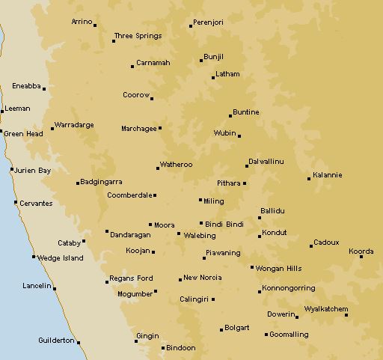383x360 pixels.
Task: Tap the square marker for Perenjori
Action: (191, 25)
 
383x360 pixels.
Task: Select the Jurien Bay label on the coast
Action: (34, 171)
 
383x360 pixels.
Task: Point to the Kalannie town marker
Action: (309, 178)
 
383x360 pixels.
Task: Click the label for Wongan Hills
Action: (278, 268)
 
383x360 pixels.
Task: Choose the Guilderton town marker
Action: (79, 343)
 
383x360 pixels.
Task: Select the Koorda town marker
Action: (361, 256)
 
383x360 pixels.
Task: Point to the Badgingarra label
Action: (102, 181)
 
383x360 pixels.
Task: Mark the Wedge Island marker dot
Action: (34, 257)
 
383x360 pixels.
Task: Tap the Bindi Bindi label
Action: (225, 224)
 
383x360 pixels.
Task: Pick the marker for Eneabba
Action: (44, 89)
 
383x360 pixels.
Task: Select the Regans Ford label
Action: (132, 278)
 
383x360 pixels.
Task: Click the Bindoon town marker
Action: (163, 348)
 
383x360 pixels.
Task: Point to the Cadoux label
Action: (327, 242)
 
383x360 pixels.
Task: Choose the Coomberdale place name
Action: (129, 195)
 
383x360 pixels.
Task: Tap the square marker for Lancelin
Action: (55, 288)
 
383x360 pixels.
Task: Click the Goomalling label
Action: (289, 335)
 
